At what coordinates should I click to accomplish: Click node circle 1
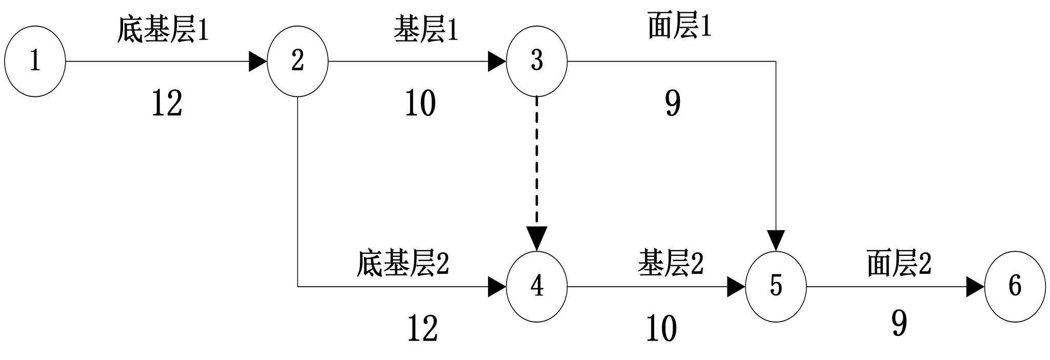click(35, 61)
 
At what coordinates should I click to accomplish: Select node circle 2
click(297, 61)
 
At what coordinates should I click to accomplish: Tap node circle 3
click(536, 61)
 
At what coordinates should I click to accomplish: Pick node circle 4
click(536, 287)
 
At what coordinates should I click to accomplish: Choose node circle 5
click(776, 287)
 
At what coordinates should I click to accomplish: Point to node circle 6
click(1015, 287)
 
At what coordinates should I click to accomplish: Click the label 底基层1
click(163, 30)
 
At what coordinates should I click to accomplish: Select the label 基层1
click(426, 30)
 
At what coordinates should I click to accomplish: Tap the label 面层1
click(679, 27)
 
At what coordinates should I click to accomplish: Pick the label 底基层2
click(402, 264)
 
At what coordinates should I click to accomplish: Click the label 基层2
click(671, 264)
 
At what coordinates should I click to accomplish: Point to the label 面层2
click(899, 264)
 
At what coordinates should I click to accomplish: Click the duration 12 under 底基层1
click(167, 104)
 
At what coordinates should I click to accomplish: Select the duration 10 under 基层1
click(420, 104)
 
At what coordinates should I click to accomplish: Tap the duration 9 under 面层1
click(673, 104)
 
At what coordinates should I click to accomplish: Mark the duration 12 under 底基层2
click(422, 329)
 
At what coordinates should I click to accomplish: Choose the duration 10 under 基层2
click(661, 329)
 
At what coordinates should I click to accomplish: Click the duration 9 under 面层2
click(899, 324)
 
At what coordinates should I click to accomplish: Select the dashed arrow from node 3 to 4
click(536, 164)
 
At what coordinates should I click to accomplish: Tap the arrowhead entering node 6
click(975, 287)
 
